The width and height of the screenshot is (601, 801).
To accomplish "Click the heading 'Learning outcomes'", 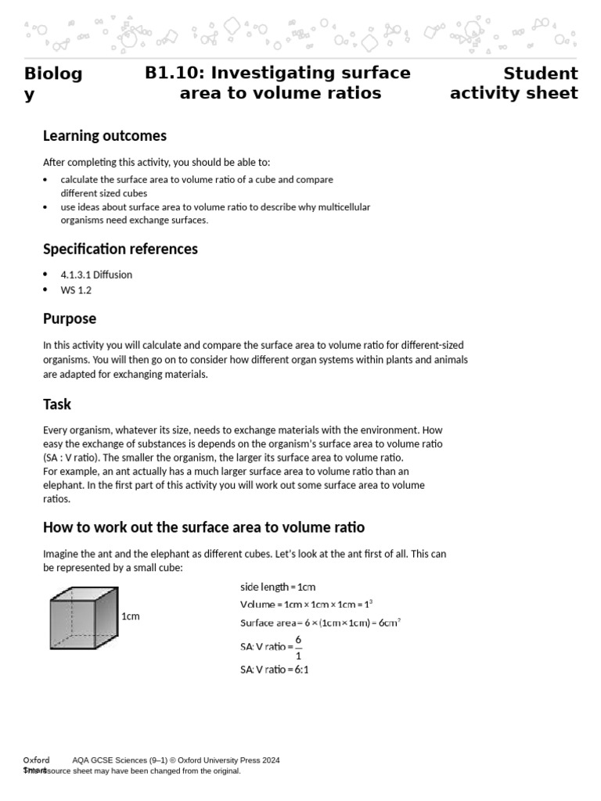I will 104,136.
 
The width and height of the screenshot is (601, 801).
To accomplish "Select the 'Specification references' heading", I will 120,250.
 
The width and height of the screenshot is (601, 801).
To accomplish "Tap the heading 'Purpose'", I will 70,319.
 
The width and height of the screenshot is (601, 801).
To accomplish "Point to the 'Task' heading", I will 57,404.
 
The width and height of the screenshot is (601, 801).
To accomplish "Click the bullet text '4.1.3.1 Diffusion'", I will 96,275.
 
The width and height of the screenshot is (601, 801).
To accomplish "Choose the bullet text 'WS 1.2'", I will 76,290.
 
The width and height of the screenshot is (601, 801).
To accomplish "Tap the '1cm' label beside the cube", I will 131,616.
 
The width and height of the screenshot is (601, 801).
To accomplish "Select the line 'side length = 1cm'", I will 278,587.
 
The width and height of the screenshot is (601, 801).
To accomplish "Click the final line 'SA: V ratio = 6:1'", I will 274,670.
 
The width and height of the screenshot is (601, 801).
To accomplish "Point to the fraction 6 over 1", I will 298,647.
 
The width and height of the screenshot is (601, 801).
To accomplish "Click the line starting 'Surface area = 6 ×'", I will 320,623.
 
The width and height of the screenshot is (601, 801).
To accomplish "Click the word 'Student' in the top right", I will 540,74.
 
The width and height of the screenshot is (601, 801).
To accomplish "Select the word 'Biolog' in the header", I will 53,74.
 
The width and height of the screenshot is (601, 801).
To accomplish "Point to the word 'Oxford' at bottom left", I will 36,760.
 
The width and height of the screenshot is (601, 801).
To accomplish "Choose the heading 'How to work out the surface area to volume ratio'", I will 203,527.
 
